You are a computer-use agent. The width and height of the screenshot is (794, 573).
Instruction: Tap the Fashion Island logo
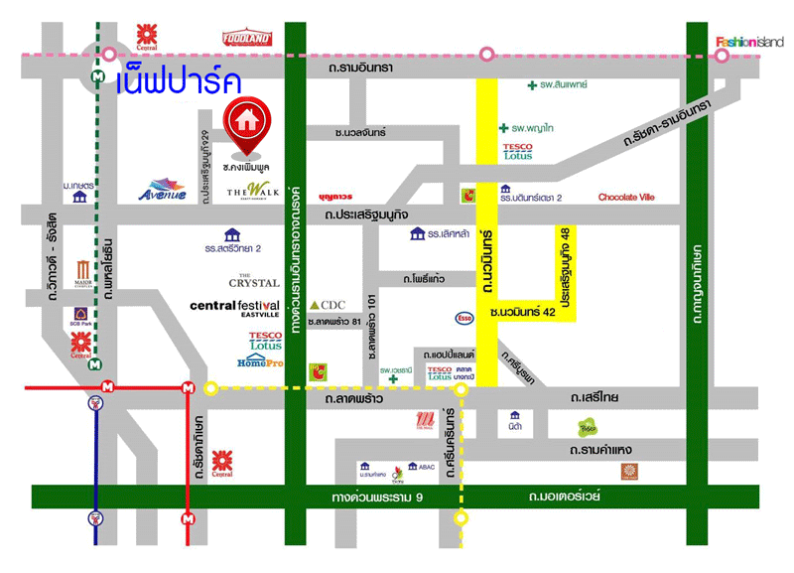pos(749,42)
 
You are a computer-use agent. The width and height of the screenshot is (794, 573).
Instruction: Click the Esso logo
pos(463,318)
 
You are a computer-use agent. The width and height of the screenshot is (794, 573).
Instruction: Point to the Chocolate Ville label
pos(626,197)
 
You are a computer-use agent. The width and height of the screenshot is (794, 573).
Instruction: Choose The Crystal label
pos(254,283)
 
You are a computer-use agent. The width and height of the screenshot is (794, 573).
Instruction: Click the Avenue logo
pos(163,189)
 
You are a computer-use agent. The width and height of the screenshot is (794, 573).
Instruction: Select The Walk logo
pos(248,191)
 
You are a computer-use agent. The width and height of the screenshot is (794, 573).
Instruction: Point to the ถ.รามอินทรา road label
pos(365,67)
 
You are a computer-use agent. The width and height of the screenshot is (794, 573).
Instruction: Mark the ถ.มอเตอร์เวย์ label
pos(565,496)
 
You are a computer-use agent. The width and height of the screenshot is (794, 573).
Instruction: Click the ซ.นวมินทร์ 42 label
pos(524,313)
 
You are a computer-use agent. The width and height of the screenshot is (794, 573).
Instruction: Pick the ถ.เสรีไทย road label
pos(595,397)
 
